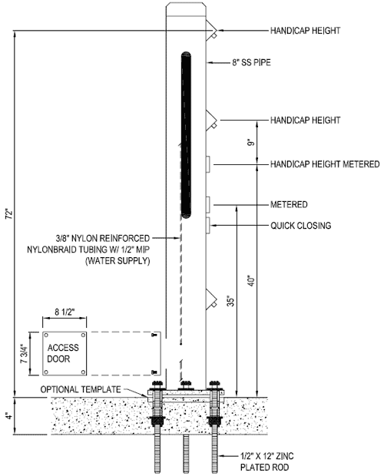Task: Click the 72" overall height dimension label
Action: click(x=10, y=214)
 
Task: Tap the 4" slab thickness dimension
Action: click(x=10, y=416)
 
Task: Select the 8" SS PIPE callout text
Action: click(x=251, y=62)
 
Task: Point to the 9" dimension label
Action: click(x=250, y=142)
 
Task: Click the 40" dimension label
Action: click(x=250, y=281)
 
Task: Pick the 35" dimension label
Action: click(x=230, y=301)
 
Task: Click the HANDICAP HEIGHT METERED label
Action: click(x=325, y=164)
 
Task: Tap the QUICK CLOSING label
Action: click(x=301, y=226)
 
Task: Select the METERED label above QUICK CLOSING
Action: click(x=289, y=205)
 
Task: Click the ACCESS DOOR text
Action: click(x=63, y=353)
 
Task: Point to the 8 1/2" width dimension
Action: click(x=65, y=312)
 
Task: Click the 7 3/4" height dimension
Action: click(x=24, y=353)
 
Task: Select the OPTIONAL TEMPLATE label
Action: click(x=81, y=389)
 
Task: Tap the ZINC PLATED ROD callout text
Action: click(x=266, y=461)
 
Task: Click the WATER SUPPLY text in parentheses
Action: click(x=118, y=261)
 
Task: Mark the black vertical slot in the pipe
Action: click(x=186, y=135)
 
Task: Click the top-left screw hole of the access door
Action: click(x=46, y=336)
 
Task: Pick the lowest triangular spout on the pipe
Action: click(x=211, y=299)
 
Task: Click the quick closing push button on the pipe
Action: click(x=208, y=226)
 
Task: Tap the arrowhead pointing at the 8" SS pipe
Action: click(x=210, y=63)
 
